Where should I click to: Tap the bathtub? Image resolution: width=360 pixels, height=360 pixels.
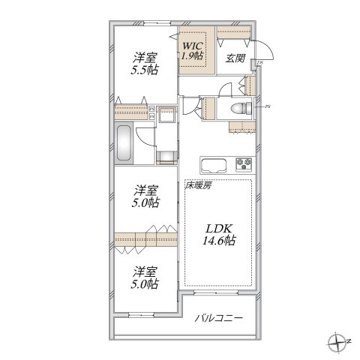(125, 144)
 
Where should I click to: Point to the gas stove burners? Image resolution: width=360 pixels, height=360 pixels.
(244, 164)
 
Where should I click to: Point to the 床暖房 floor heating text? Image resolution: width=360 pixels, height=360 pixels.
(198, 184)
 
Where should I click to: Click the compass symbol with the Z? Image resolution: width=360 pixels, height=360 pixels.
(337, 343)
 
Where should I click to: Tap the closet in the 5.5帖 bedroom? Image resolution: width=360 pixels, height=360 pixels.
(132, 113)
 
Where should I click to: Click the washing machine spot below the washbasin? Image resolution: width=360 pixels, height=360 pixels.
(166, 155)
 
